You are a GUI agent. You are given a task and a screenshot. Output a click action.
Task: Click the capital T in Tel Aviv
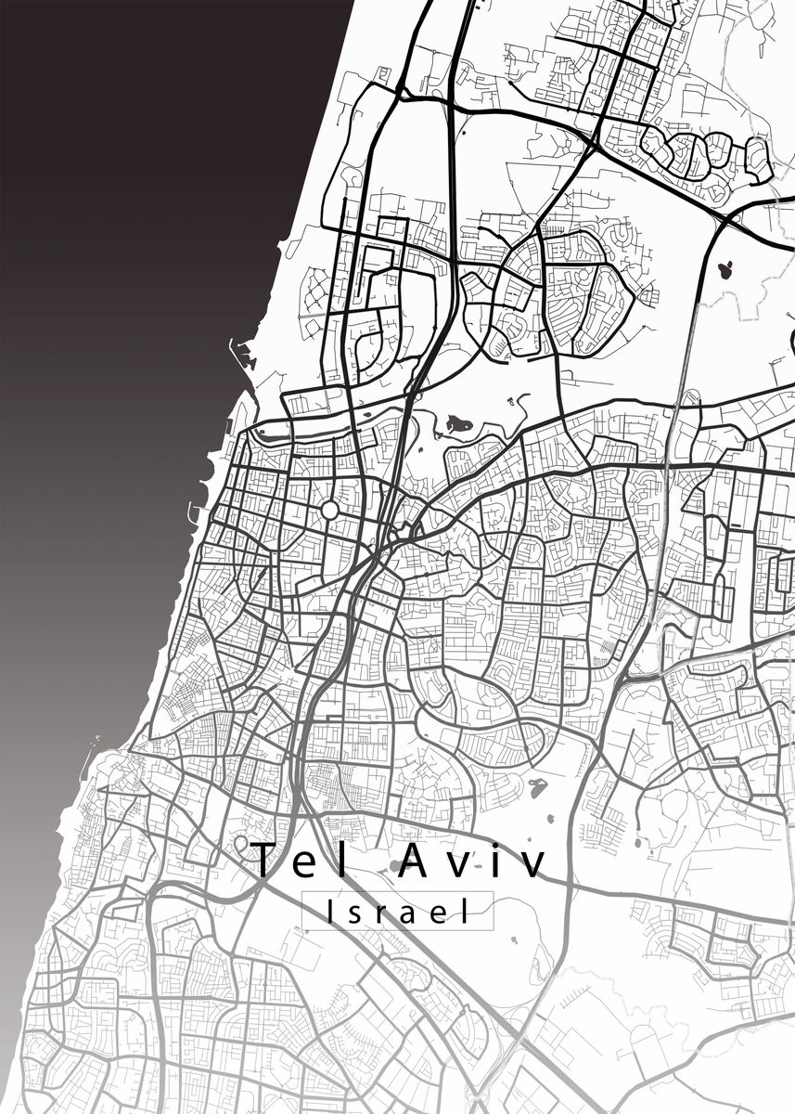tap(264, 861)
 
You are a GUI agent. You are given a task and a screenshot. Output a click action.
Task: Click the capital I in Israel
tap(331, 912)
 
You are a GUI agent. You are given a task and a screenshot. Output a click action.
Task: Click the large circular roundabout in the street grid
tap(329, 511)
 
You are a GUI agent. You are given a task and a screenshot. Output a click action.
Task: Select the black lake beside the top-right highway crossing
tap(724, 270)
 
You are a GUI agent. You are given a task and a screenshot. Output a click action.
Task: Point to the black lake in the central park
tap(458, 425)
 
